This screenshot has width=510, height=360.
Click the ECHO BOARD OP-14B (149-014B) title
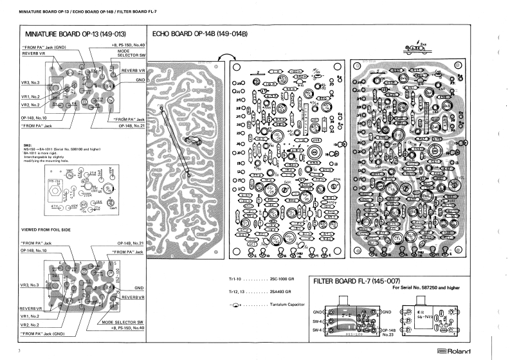[200, 34]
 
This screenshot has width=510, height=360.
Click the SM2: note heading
[27, 145]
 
